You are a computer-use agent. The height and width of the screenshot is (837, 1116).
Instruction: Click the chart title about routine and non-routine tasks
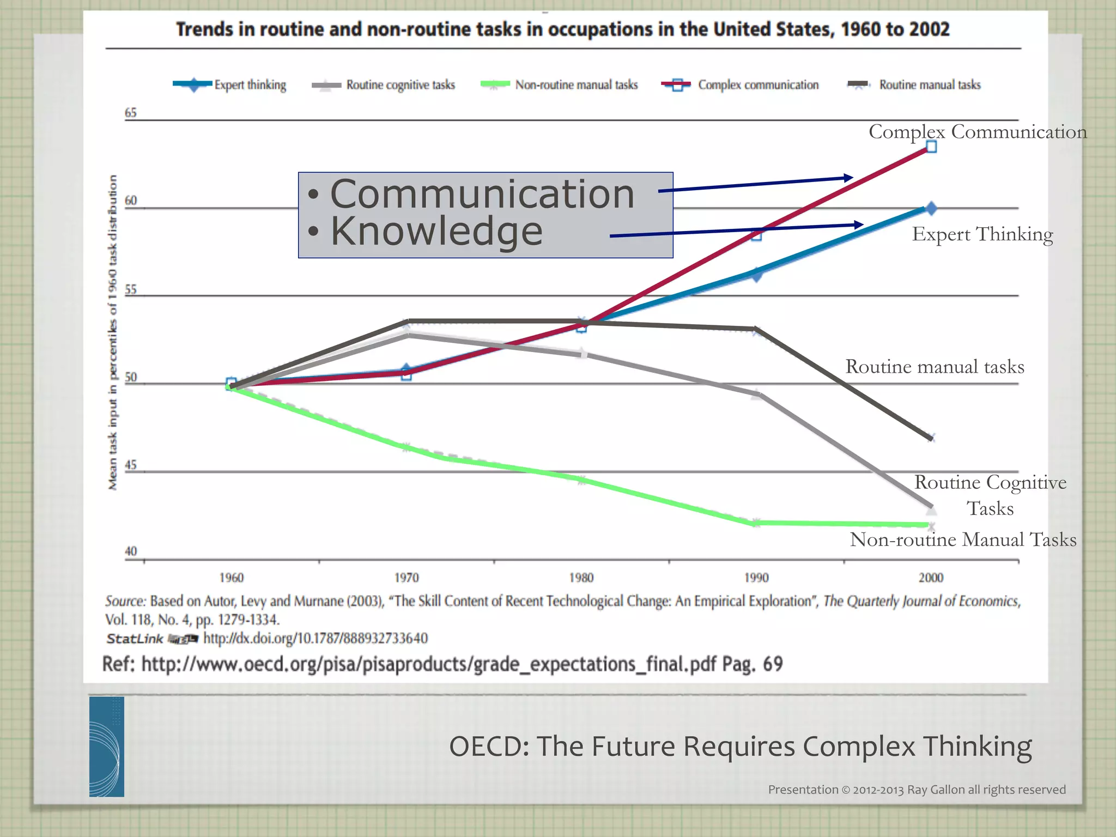(562, 29)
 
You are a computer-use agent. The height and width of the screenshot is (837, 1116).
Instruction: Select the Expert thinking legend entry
(230, 85)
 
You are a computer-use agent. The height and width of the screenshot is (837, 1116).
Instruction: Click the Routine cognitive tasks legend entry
(384, 85)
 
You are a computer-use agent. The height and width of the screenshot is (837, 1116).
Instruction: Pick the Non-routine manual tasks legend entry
(560, 85)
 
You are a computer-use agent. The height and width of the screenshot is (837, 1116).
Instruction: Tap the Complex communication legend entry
(740, 85)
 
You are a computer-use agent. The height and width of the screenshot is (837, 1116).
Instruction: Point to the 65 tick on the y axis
(131, 113)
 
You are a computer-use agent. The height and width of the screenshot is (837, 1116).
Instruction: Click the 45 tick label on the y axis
(131, 465)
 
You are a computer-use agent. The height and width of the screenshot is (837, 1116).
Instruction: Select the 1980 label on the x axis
(581, 578)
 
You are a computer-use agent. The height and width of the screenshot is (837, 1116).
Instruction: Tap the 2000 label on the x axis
(931, 578)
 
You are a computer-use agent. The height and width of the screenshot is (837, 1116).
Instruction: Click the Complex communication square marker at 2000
(931, 147)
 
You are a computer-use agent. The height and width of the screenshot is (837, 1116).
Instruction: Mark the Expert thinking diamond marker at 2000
(931, 208)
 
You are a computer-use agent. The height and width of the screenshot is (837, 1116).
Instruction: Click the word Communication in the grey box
(482, 194)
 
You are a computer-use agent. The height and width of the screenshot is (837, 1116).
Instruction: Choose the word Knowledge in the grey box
(436, 231)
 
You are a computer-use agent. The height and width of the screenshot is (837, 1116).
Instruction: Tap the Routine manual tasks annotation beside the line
(935, 367)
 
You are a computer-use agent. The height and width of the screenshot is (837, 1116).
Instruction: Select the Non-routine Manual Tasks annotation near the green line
(963, 539)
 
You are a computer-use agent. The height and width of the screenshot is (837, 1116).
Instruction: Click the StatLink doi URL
(316, 638)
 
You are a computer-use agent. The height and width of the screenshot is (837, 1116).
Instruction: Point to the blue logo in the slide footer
(107, 747)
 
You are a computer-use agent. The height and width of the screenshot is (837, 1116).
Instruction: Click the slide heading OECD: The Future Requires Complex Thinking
(740, 746)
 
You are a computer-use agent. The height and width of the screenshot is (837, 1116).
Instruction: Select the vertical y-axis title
(113, 332)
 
